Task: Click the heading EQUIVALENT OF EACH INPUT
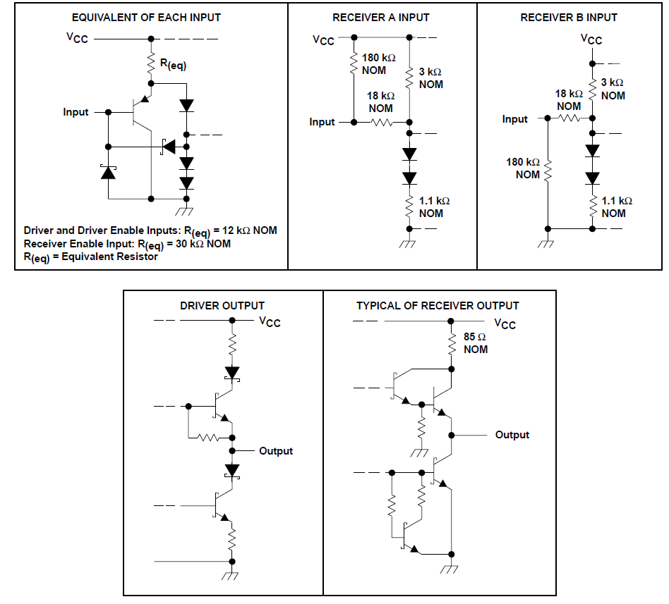point(146,17)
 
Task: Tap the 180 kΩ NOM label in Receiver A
point(379,64)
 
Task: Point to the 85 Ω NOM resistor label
point(476,343)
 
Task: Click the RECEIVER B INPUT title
point(569,17)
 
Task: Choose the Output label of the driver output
point(276,451)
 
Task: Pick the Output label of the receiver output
point(512,435)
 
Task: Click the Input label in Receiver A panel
point(323,122)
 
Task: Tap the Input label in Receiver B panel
point(515,119)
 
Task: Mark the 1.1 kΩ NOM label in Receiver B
point(617,207)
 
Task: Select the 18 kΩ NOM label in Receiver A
point(381,101)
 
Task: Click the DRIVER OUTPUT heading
point(222,306)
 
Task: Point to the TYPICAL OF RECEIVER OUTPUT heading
point(438,306)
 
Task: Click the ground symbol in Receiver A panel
point(407,245)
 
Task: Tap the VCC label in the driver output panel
point(270,322)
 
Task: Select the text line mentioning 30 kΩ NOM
point(127,244)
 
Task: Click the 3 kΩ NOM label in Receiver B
point(613,89)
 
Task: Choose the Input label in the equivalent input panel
point(76,112)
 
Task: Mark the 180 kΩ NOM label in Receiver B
point(524,168)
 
